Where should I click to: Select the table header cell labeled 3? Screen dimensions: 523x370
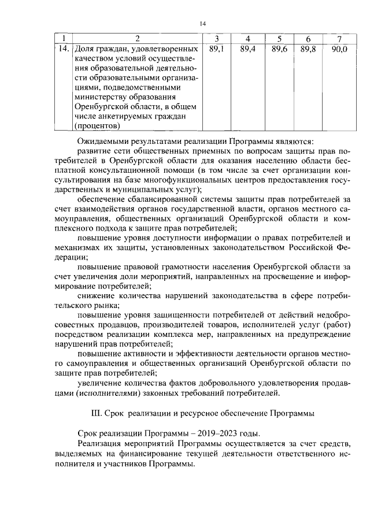(x=216, y=39)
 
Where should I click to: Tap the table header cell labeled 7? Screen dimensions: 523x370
(x=339, y=39)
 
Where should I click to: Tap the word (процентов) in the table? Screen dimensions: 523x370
(x=97, y=125)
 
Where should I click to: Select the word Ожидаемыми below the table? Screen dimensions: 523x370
(x=105, y=141)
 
